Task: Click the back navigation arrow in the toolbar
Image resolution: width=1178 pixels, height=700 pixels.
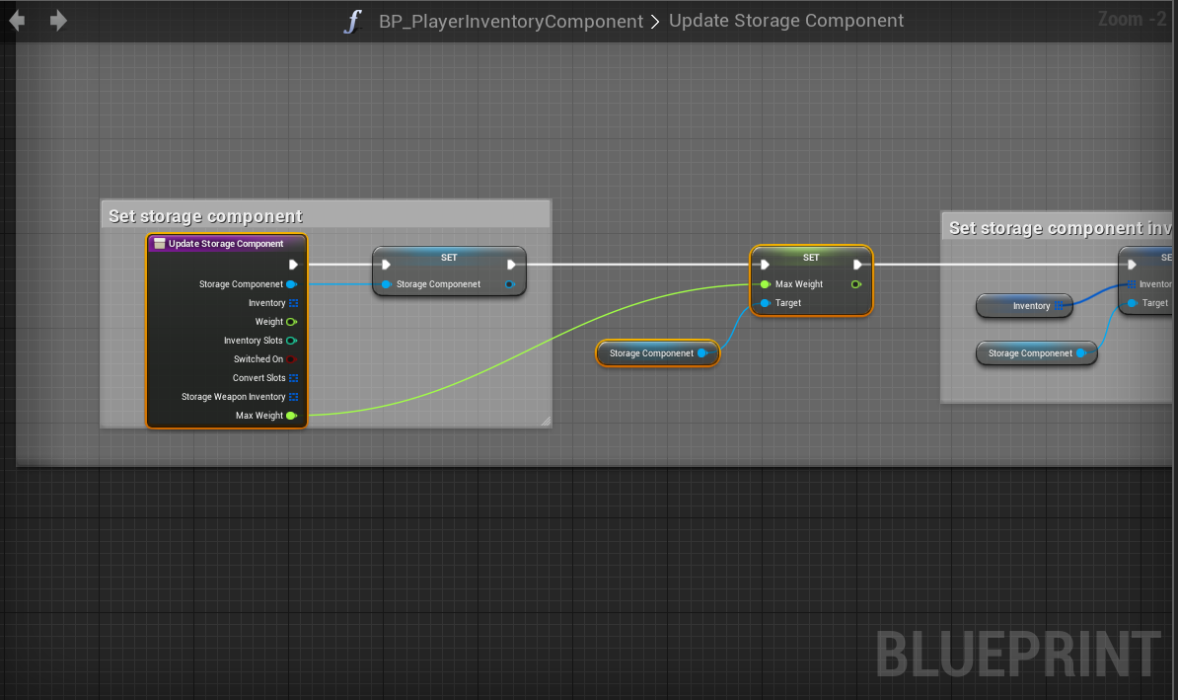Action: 17,21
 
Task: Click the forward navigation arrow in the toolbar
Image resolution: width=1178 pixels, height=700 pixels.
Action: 58,21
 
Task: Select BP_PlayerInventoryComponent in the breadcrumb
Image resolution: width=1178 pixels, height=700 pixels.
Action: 510,21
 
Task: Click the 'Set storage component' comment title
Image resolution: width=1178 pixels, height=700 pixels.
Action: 205,216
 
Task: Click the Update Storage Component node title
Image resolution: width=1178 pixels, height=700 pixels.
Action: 226,244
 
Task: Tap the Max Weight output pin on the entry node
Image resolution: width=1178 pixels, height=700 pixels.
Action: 292,416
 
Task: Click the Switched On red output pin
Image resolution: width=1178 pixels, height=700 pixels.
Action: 292,359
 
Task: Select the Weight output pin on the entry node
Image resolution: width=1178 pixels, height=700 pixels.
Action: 292,322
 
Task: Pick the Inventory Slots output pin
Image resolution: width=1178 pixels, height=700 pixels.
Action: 292,341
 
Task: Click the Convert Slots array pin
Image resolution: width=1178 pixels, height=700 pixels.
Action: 293,378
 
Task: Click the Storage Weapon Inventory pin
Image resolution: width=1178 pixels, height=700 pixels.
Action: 293,397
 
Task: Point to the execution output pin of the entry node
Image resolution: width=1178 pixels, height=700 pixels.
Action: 293,265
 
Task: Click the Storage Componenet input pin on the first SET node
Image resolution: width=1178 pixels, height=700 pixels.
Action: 387,284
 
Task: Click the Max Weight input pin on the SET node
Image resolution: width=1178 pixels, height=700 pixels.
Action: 766,284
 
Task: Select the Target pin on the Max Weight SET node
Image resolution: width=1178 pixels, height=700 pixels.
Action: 766,303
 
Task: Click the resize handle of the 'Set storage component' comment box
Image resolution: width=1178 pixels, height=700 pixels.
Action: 545,422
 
